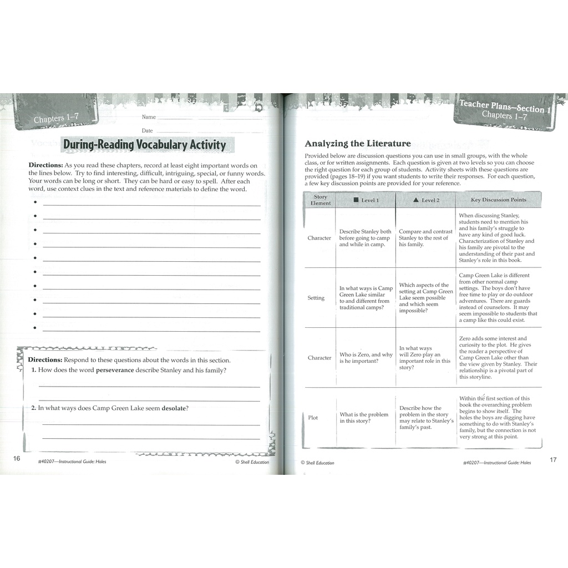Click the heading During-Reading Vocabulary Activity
point(144,145)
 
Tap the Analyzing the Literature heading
point(358,144)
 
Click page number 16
point(17,458)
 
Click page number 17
point(552,459)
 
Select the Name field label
point(149,117)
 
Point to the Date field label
point(147,130)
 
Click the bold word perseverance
point(115,370)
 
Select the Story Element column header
point(321,200)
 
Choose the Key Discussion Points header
point(498,200)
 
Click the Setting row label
point(316,298)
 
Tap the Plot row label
point(313,418)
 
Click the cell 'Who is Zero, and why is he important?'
point(366,358)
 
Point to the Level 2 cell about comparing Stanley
point(425,238)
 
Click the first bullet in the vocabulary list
point(35,202)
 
